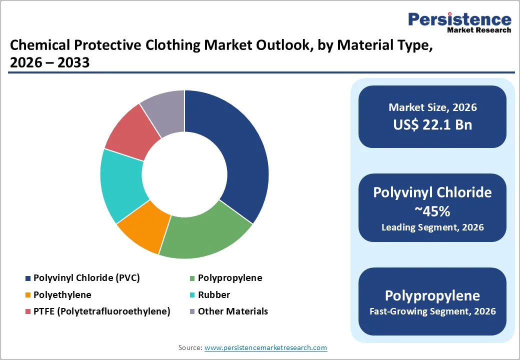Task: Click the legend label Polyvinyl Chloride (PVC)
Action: pyautogui.click(x=86, y=278)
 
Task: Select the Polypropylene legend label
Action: pyautogui.click(x=230, y=278)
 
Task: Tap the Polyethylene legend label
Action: pyautogui.click(x=62, y=295)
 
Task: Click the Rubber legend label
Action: pyautogui.click(x=214, y=295)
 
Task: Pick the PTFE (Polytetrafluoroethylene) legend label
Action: pyautogui.click(x=102, y=311)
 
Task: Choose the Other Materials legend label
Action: pyautogui.click(x=233, y=311)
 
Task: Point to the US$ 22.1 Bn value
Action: pyautogui.click(x=432, y=124)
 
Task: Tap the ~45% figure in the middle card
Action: pyautogui.click(x=432, y=211)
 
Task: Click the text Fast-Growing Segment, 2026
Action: pyautogui.click(x=432, y=311)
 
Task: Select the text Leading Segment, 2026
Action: pyautogui.click(x=432, y=227)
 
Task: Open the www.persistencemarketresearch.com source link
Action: pyautogui.click(x=266, y=347)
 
